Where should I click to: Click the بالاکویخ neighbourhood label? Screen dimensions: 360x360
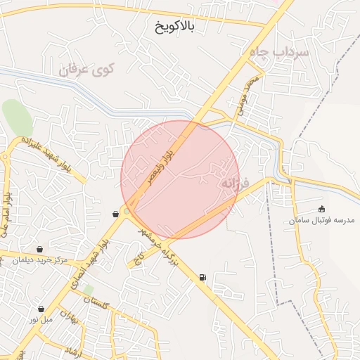tap(175, 26)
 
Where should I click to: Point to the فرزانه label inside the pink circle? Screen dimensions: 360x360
tap(236, 183)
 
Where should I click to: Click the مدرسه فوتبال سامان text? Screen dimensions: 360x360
tap(322, 221)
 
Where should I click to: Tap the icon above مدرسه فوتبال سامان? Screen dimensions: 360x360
tap(322, 209)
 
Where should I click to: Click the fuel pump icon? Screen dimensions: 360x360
tap(203, 277)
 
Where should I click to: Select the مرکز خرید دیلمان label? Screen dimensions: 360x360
tap(41, 260)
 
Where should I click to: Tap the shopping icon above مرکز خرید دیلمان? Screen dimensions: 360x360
tap(40, 249)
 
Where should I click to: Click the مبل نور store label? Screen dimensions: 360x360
tap(41, 319)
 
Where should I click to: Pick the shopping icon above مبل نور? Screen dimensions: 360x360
tap(41, 309)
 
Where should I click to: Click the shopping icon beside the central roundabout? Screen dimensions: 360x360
tap(115, 214)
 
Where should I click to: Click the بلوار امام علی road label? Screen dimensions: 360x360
tap(6, 214)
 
